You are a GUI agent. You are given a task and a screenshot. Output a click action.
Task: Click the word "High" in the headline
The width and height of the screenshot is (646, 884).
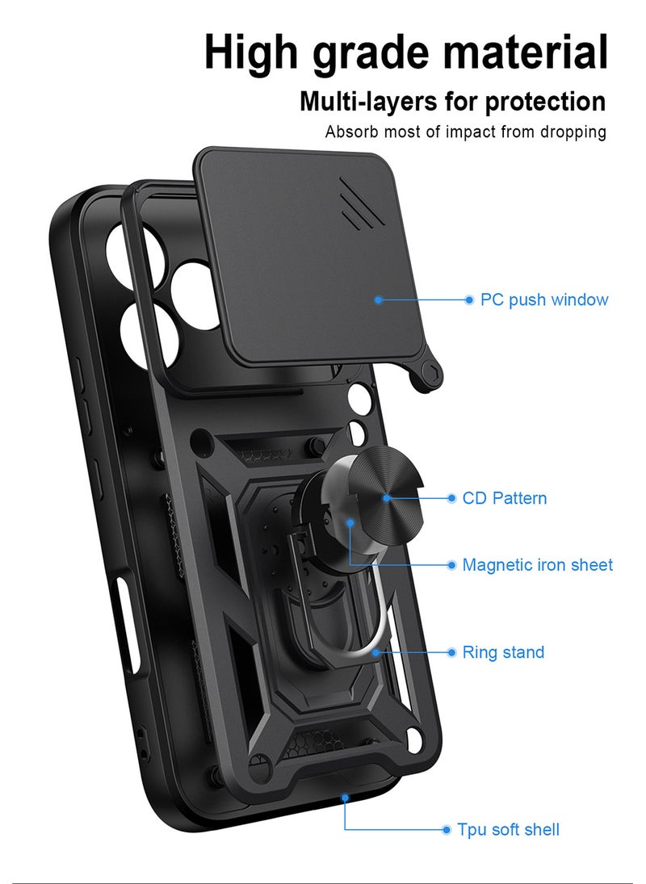point(250,52)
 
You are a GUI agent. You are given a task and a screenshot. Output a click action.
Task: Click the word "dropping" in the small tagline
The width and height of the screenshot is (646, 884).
point(573,132)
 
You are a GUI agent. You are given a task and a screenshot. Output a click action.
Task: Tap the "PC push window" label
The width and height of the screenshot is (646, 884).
point(544,300)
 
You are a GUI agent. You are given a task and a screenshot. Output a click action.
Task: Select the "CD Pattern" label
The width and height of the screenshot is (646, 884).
point(505,498)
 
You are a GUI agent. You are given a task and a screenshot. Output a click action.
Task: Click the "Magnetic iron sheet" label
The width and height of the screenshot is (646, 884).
point(537,564)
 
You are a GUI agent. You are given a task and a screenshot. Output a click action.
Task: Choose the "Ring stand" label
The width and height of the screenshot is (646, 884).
point(503,652)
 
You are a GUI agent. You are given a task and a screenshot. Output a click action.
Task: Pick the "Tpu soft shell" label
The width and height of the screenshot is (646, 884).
point(509,829)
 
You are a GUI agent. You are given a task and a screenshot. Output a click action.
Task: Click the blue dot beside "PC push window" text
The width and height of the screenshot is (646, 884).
point(469,300)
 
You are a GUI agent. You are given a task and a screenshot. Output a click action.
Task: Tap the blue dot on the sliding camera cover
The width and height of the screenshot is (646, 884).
point(379,300)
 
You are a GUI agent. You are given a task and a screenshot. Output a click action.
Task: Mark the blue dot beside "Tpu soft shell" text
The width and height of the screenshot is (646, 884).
point(446,830)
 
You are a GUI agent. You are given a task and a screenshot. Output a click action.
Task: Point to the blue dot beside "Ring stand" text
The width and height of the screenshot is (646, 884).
point(451,652)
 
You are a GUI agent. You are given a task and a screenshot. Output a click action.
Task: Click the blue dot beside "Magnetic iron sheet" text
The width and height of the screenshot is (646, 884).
point(451,565)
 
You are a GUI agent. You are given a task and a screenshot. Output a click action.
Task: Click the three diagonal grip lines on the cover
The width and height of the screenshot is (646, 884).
point(362,203)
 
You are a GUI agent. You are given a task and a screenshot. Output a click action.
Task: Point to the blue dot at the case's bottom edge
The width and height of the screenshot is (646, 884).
point(345,798)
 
